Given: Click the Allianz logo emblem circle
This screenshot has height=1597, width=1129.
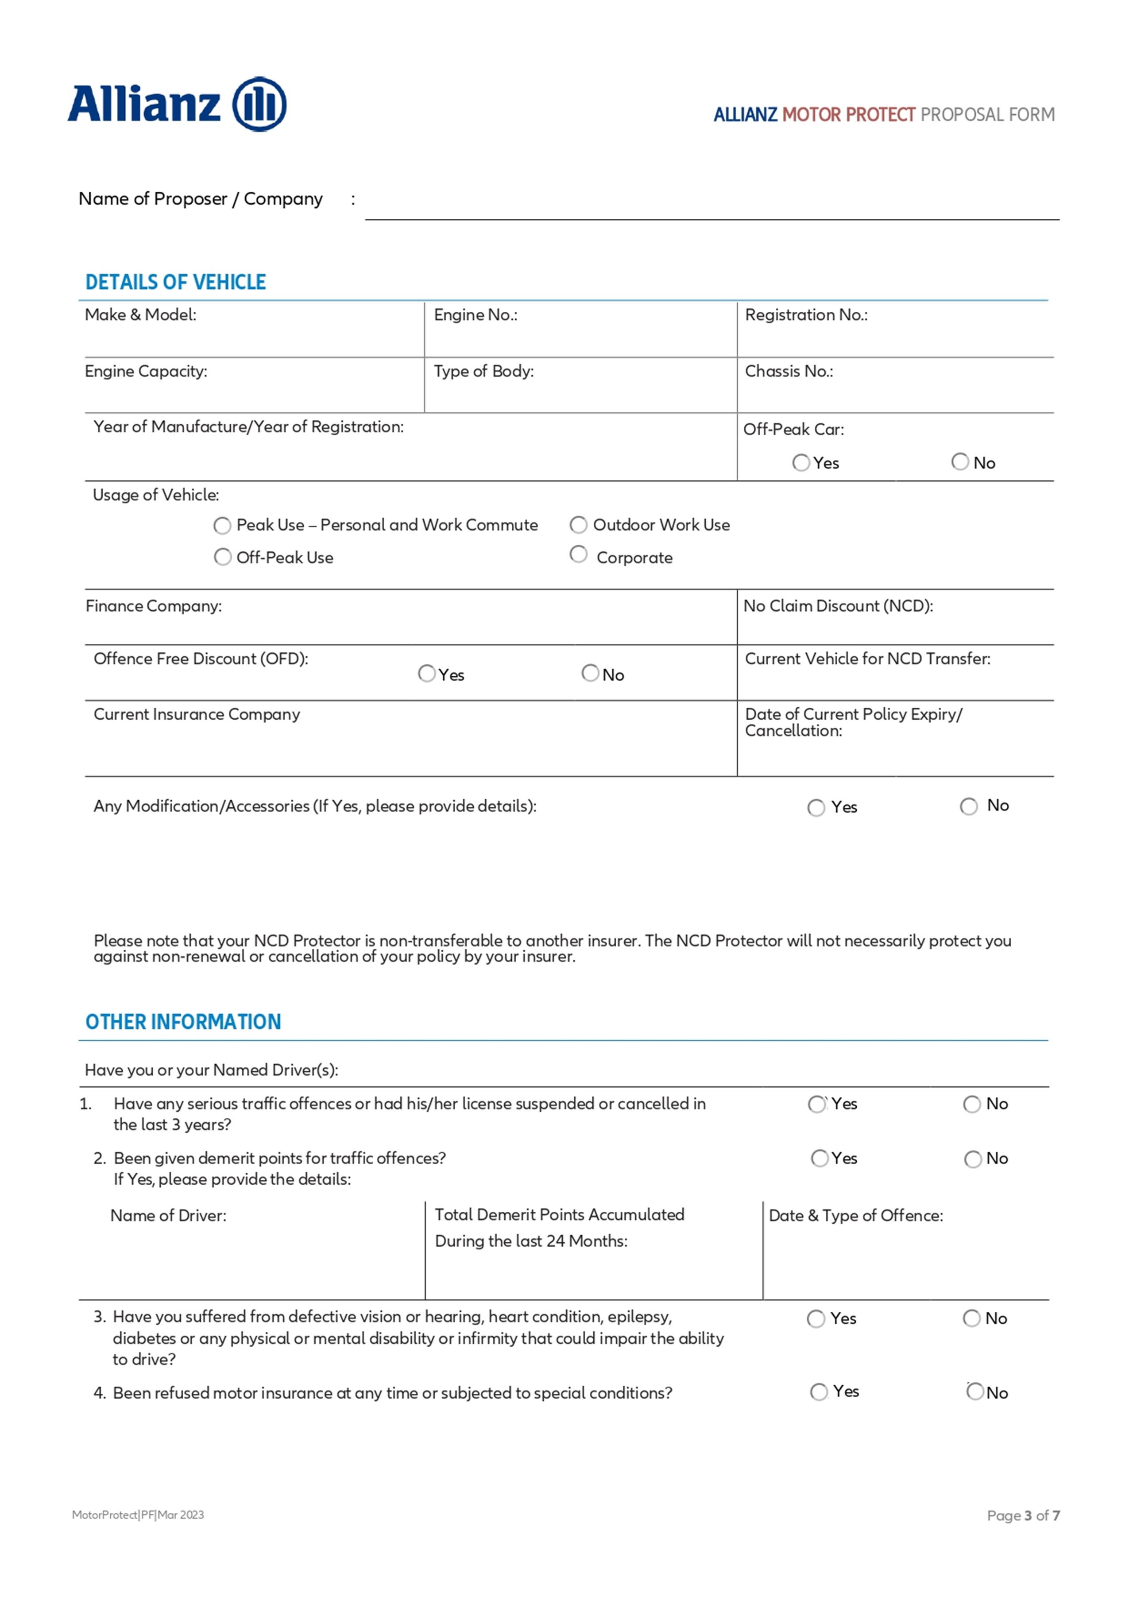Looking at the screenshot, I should point(259,105).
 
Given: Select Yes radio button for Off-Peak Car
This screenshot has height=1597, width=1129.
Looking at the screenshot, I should point(801,462).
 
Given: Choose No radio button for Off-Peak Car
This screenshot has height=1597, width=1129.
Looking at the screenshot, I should point(959,462).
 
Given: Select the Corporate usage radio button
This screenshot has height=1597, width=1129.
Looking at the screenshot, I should point(578,554).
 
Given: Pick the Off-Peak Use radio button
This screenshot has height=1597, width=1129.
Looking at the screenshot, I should point(222,557).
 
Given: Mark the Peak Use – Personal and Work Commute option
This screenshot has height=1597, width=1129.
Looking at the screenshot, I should point(222,526).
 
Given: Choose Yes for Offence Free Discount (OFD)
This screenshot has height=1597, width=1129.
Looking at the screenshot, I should point(426,673).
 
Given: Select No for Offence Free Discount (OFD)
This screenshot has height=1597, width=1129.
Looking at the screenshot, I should point(590,673).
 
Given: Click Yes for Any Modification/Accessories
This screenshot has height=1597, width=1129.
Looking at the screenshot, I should point(816,807).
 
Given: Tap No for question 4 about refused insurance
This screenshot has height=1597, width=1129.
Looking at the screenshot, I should point(975,1392).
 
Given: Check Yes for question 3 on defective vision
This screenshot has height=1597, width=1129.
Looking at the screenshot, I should point(816,1319).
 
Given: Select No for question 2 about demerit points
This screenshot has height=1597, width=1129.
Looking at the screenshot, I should point(973,1159).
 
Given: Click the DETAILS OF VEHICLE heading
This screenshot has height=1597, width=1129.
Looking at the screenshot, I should point(175,282).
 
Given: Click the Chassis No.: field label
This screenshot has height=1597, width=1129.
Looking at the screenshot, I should point(789,372).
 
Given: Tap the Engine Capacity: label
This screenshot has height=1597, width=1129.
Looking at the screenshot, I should point(145,372).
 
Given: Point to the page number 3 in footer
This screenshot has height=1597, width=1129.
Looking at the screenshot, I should point(1028,1516).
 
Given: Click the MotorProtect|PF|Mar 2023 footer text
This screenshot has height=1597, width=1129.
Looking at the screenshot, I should point(138,1515).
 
